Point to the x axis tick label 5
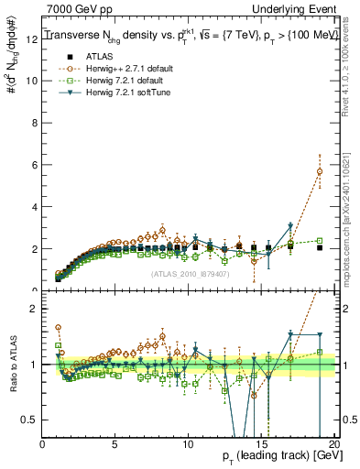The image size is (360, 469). point(115,444)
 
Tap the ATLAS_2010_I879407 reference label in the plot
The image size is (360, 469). point(189,274)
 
